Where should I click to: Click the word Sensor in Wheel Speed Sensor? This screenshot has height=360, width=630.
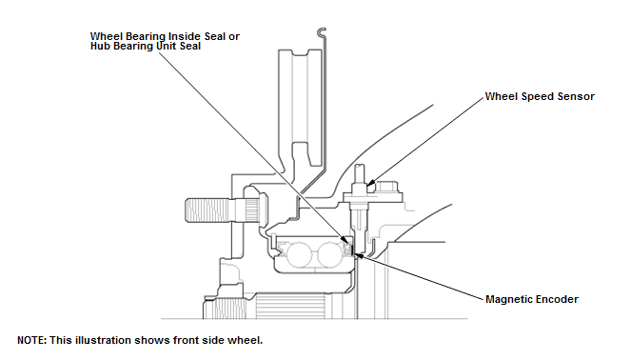(576, 96)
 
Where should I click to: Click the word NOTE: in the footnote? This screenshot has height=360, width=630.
(31, 340)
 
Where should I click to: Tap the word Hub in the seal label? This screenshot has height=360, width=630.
(99, 47)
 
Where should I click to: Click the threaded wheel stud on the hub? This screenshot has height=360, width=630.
(207, 210)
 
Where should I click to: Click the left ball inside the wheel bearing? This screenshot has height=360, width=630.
(299, 254)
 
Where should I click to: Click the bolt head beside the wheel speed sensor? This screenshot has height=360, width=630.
(386, 187)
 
